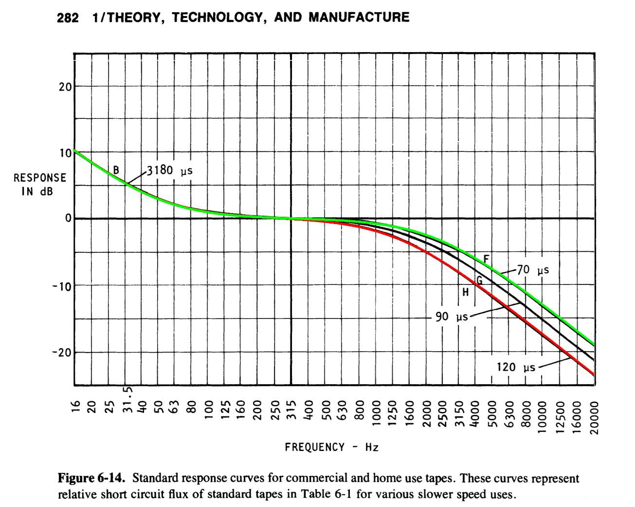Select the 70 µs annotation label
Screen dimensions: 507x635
pos(533,270)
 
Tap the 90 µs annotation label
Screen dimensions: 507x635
pos(451,317)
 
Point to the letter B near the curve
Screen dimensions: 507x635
pos(116,170)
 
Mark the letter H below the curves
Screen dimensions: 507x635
pos(466,292)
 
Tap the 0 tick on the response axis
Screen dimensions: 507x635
pos(69,218)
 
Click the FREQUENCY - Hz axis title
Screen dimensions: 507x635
pos(331,447)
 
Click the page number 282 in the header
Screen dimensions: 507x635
pos(68,18)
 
